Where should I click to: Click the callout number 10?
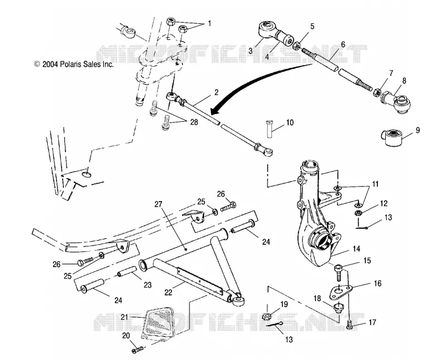pos(290,123)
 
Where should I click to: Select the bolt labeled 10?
pos(270,129)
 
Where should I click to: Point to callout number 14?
pos(356,248)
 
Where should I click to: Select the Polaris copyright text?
pos(74,64)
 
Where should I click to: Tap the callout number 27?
pos(159,204)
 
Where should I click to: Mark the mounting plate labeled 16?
pos(340,290)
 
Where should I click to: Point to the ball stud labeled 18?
pos(338,308)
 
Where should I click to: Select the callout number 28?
pos(194,122)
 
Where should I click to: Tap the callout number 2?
pos(216,92)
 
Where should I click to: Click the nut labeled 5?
pos(296,45)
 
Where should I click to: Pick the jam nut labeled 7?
pos(377,92)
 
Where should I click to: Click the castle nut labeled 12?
pos(358,212)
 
